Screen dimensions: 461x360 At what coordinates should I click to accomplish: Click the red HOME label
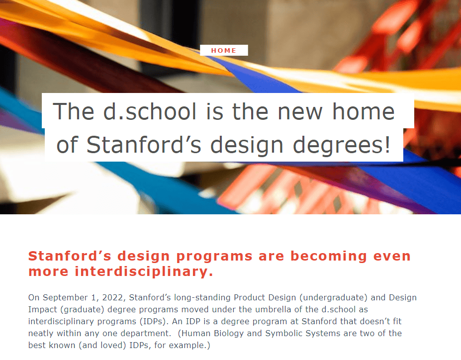click(x=224, y=51)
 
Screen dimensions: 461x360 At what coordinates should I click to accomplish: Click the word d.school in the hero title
click(x=150, y=111)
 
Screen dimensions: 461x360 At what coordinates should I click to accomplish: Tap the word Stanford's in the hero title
click(x=144, y=145)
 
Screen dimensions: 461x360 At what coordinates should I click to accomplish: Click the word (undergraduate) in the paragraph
click(x=333, y=298)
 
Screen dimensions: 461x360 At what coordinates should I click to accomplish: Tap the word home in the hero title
click(x=364, y=111)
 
